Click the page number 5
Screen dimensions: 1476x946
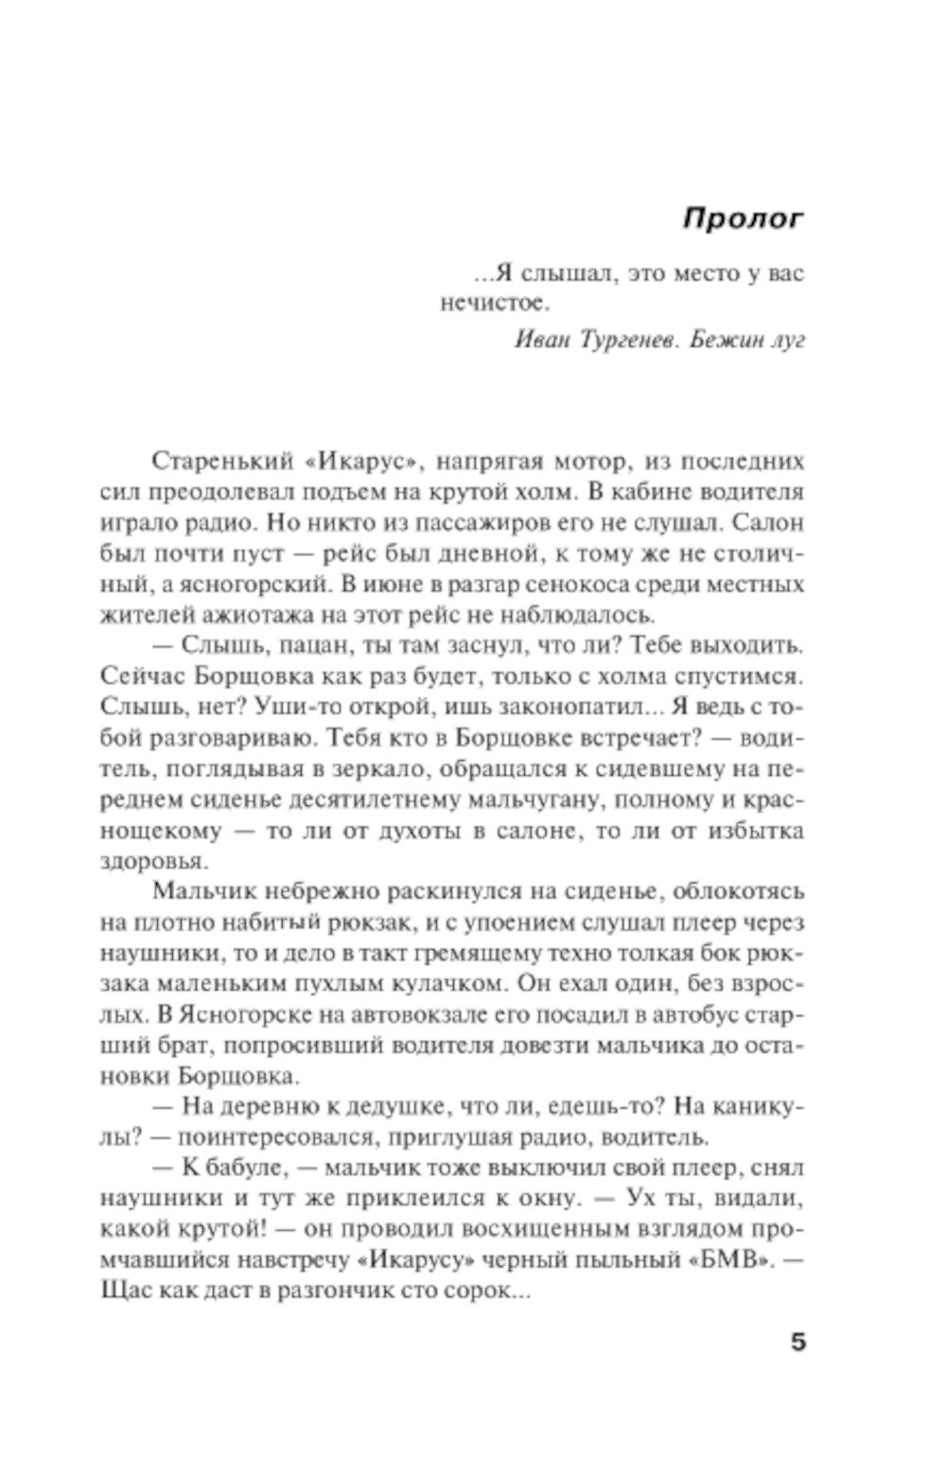coord(797,1341)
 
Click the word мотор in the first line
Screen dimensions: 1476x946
coord(589,462)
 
